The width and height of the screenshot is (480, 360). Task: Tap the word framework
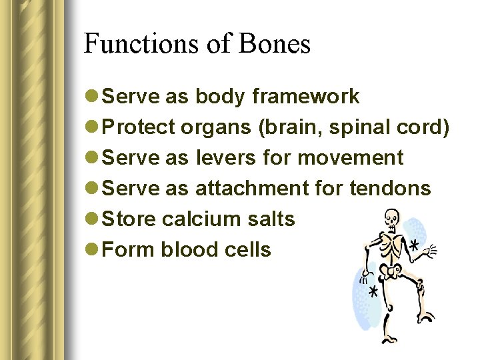tap(306, 97)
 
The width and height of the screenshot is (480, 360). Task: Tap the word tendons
tap(390, 189)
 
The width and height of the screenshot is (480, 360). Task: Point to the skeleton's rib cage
tap(391, 243)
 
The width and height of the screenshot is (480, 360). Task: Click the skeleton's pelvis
tap(392, 270)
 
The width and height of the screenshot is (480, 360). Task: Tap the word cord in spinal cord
tap(426, 127)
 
